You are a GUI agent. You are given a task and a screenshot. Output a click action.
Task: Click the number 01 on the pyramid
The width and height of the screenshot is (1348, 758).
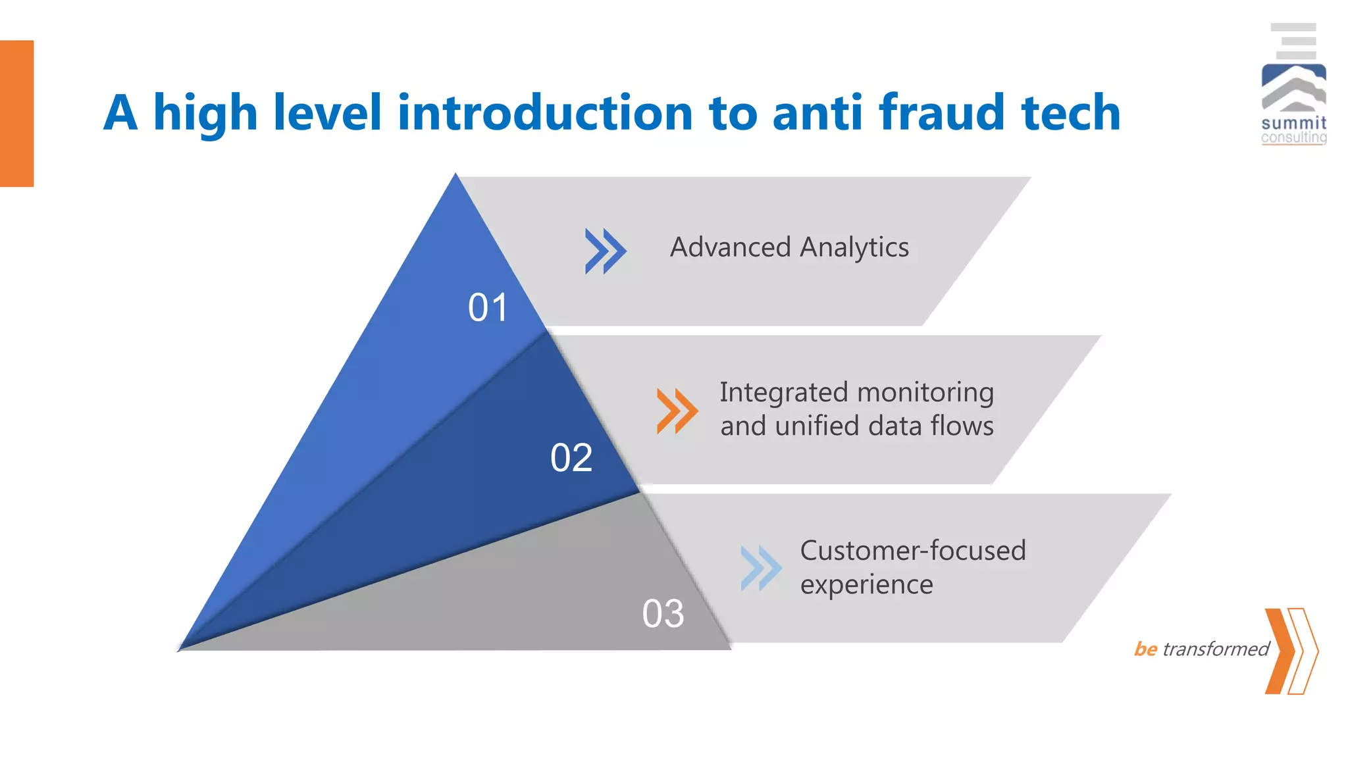(x=488, y=308)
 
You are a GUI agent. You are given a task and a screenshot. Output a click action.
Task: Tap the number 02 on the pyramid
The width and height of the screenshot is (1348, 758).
(x=571, y=457)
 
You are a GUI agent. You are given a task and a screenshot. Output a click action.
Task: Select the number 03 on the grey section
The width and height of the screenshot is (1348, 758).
(x=663, y=613)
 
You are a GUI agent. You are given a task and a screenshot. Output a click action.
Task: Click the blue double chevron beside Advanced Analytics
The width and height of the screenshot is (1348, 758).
(x=605, y=251)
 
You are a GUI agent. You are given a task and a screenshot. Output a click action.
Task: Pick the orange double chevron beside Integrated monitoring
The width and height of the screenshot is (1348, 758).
(x=677, y=411)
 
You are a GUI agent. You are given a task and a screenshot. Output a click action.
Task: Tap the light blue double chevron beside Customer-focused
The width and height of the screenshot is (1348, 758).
(x=760, y=568)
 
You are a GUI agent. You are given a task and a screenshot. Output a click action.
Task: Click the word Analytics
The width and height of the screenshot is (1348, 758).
(x=854, y=248)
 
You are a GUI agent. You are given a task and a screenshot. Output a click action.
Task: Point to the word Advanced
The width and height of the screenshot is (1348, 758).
(x=730, y=247)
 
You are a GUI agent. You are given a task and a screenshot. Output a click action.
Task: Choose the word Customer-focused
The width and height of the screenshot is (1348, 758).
(x=912, y=551)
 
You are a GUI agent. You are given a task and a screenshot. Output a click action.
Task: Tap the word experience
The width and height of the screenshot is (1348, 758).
(x=866, y=585)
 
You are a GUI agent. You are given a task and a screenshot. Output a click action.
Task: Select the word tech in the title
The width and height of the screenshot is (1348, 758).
(x=1070, y=113)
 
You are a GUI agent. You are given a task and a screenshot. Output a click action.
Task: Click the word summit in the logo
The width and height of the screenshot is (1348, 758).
(x=1293, y=123)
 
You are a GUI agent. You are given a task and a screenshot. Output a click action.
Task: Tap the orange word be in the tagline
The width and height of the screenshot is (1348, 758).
(x=1145, y=649)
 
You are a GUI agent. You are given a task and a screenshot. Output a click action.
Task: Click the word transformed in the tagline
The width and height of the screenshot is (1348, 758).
(x=1215, y=649)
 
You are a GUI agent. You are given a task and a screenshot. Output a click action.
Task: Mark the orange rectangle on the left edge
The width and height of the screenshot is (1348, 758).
(x=16, y=113)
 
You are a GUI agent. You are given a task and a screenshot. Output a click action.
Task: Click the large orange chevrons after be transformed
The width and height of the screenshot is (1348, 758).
(x=1290, y=651)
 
